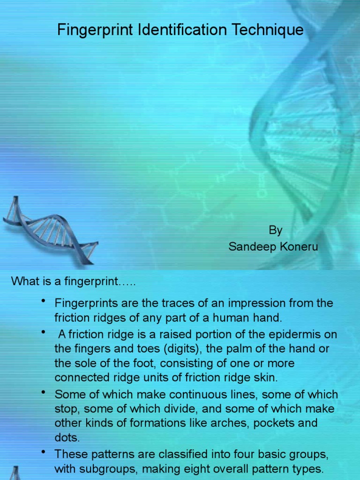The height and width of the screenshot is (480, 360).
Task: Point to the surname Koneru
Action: [x=299, y=247]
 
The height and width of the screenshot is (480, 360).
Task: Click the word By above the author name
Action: [x=275, y=230]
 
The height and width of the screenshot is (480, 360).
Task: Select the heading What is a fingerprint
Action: [x=73, y=281]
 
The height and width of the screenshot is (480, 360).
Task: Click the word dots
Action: [x=66, y=437]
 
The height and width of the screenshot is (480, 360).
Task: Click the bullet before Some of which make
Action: [x=44, y=392]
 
